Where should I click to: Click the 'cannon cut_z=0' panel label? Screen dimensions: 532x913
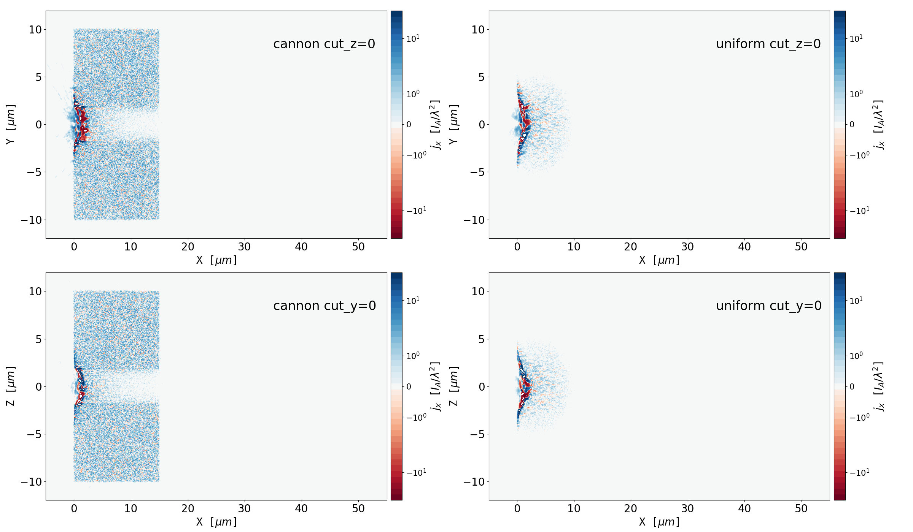(324, 44)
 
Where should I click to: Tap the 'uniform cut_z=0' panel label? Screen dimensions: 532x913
(768, 44)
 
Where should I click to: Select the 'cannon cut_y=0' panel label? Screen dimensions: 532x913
(324, 306)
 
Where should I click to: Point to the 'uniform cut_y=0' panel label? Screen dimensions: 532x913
(768, 306)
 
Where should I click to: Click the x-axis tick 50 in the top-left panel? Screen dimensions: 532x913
(358, 247)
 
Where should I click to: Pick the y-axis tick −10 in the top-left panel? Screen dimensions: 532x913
(31, 220)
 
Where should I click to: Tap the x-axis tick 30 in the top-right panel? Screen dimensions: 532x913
(687, 247)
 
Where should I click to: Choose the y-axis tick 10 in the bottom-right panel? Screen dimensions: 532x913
(478, 291)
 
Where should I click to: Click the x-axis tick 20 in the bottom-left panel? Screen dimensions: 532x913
(188, 509)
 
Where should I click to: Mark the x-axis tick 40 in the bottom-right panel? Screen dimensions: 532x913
(744, 509)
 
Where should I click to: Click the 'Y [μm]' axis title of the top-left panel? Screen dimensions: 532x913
(11, 124)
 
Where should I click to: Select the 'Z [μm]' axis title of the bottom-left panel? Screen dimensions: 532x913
(11, 386)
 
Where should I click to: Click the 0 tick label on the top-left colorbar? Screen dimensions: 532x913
(409, 125)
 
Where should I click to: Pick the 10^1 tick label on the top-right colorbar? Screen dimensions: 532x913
(856, 38)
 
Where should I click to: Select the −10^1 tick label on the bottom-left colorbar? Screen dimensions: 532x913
(416, 472)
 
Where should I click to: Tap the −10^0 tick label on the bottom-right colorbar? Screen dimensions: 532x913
(859, 417)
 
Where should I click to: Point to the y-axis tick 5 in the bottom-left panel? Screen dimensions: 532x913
(38, 339)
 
